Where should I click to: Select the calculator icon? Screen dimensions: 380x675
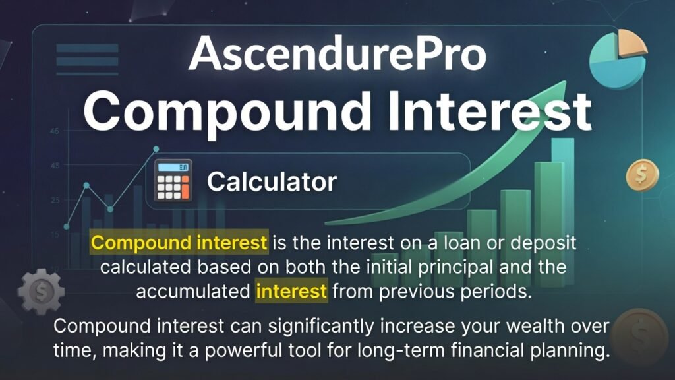coord(173,180)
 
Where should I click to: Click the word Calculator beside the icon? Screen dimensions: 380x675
coord(272,181)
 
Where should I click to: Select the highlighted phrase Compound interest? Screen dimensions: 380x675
coord(179,243)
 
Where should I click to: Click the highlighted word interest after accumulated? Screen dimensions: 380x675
coord(291,291)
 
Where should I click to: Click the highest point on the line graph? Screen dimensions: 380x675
coord(156,149)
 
